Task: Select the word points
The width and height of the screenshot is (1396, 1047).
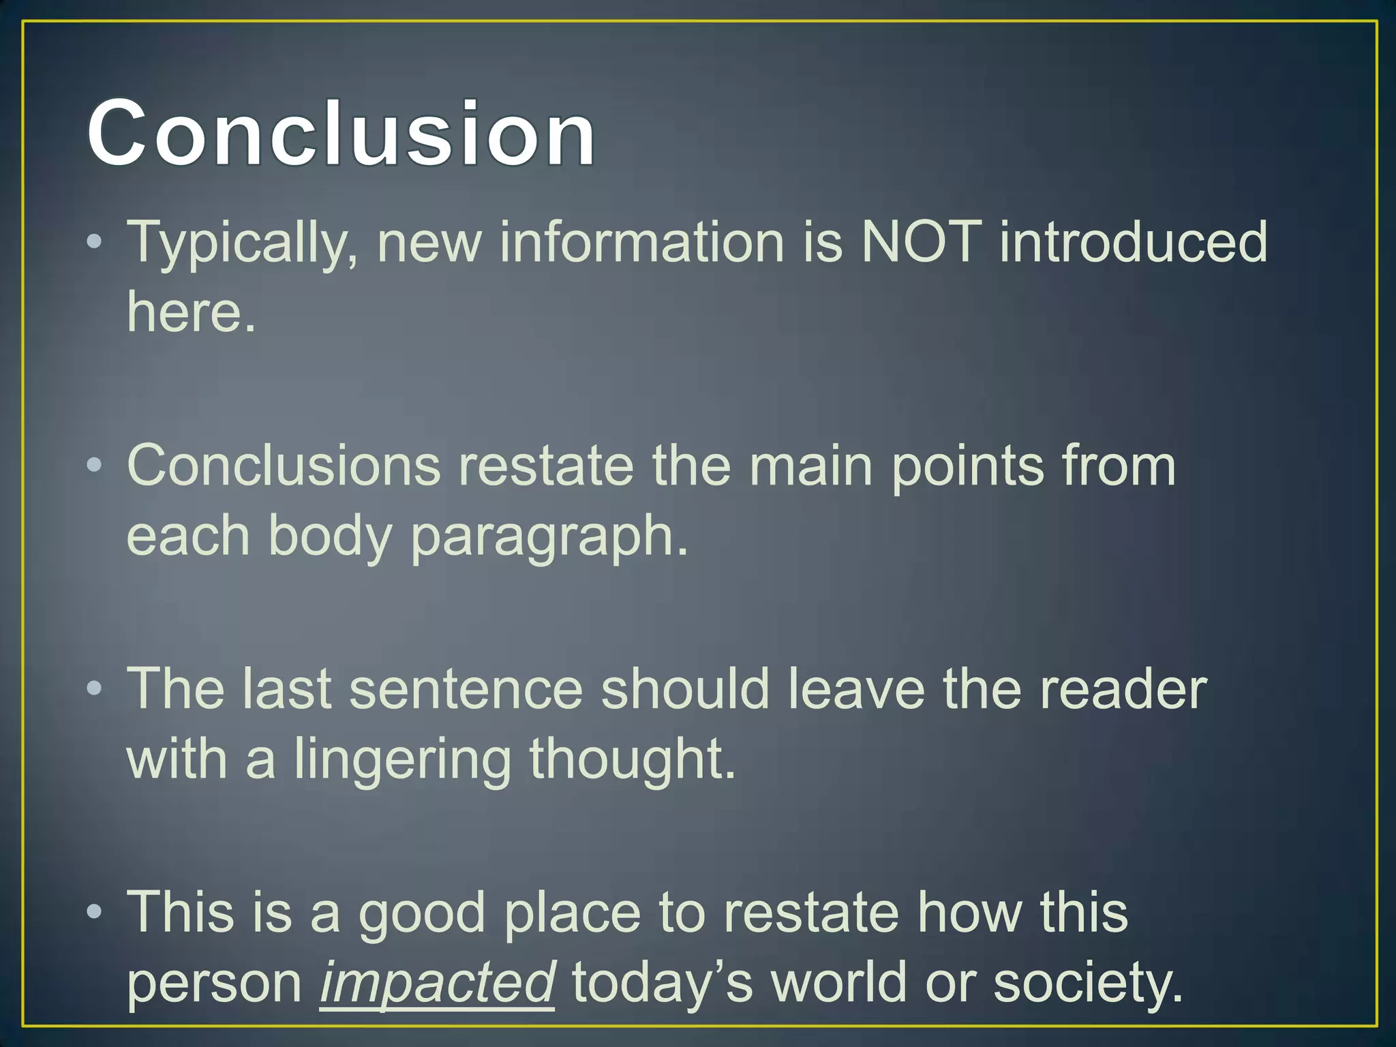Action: point(967,468)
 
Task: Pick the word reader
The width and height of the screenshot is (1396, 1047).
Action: point(1123,689)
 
